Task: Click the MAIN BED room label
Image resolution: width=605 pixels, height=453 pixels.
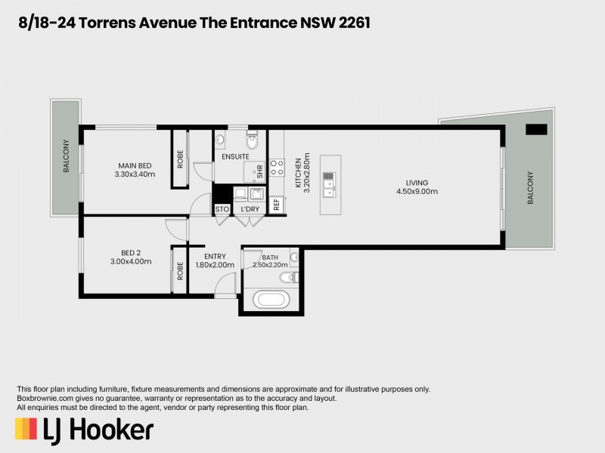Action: coord(136,165)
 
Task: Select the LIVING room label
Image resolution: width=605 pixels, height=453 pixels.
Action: coord(417,183)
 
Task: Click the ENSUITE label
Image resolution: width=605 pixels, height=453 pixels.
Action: coord(235,156)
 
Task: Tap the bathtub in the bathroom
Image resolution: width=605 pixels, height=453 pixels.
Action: coord(271,298)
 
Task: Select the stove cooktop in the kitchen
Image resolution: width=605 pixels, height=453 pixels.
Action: coord(276,168)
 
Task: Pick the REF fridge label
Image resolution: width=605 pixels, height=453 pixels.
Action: coord(277,204)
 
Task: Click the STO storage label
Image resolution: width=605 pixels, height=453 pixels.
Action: coord(222,208)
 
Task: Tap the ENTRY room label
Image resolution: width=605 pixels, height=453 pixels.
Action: coord(215,257)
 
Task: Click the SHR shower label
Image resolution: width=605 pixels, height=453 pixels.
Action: coord(259,172)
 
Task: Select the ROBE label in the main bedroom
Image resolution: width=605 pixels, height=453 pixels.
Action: coord(180,159)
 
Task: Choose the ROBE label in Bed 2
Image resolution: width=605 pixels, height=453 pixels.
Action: coord(180,270)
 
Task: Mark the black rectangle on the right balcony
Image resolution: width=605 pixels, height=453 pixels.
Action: coord(535,129)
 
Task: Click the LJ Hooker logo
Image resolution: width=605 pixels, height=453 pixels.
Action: coord(85,430)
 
